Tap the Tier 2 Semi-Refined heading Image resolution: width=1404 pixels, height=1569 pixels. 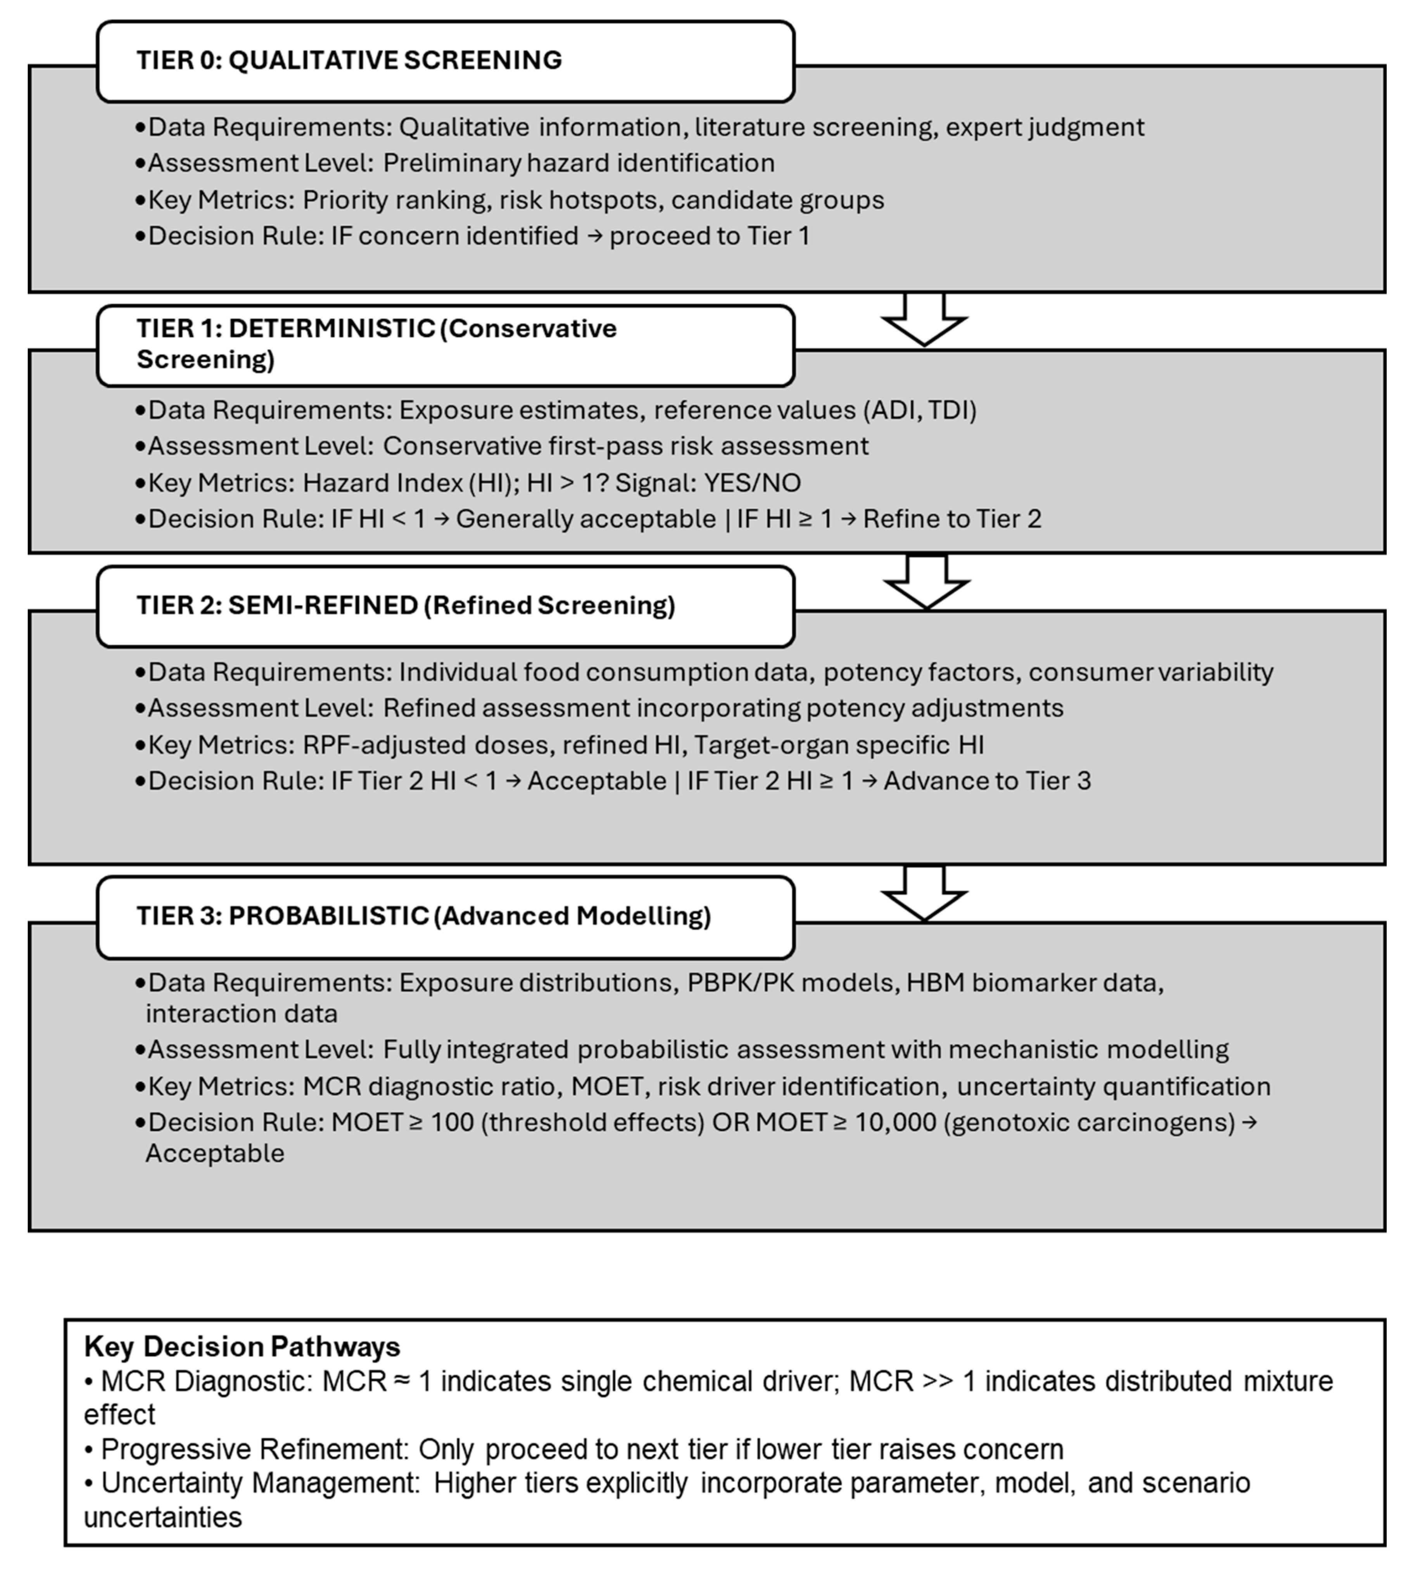(406, 606)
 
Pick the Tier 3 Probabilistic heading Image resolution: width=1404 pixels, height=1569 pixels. (423, 916)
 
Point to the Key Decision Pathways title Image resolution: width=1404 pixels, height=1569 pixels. (242, 1346)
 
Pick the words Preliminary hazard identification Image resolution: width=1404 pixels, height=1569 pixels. (579, 164)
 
